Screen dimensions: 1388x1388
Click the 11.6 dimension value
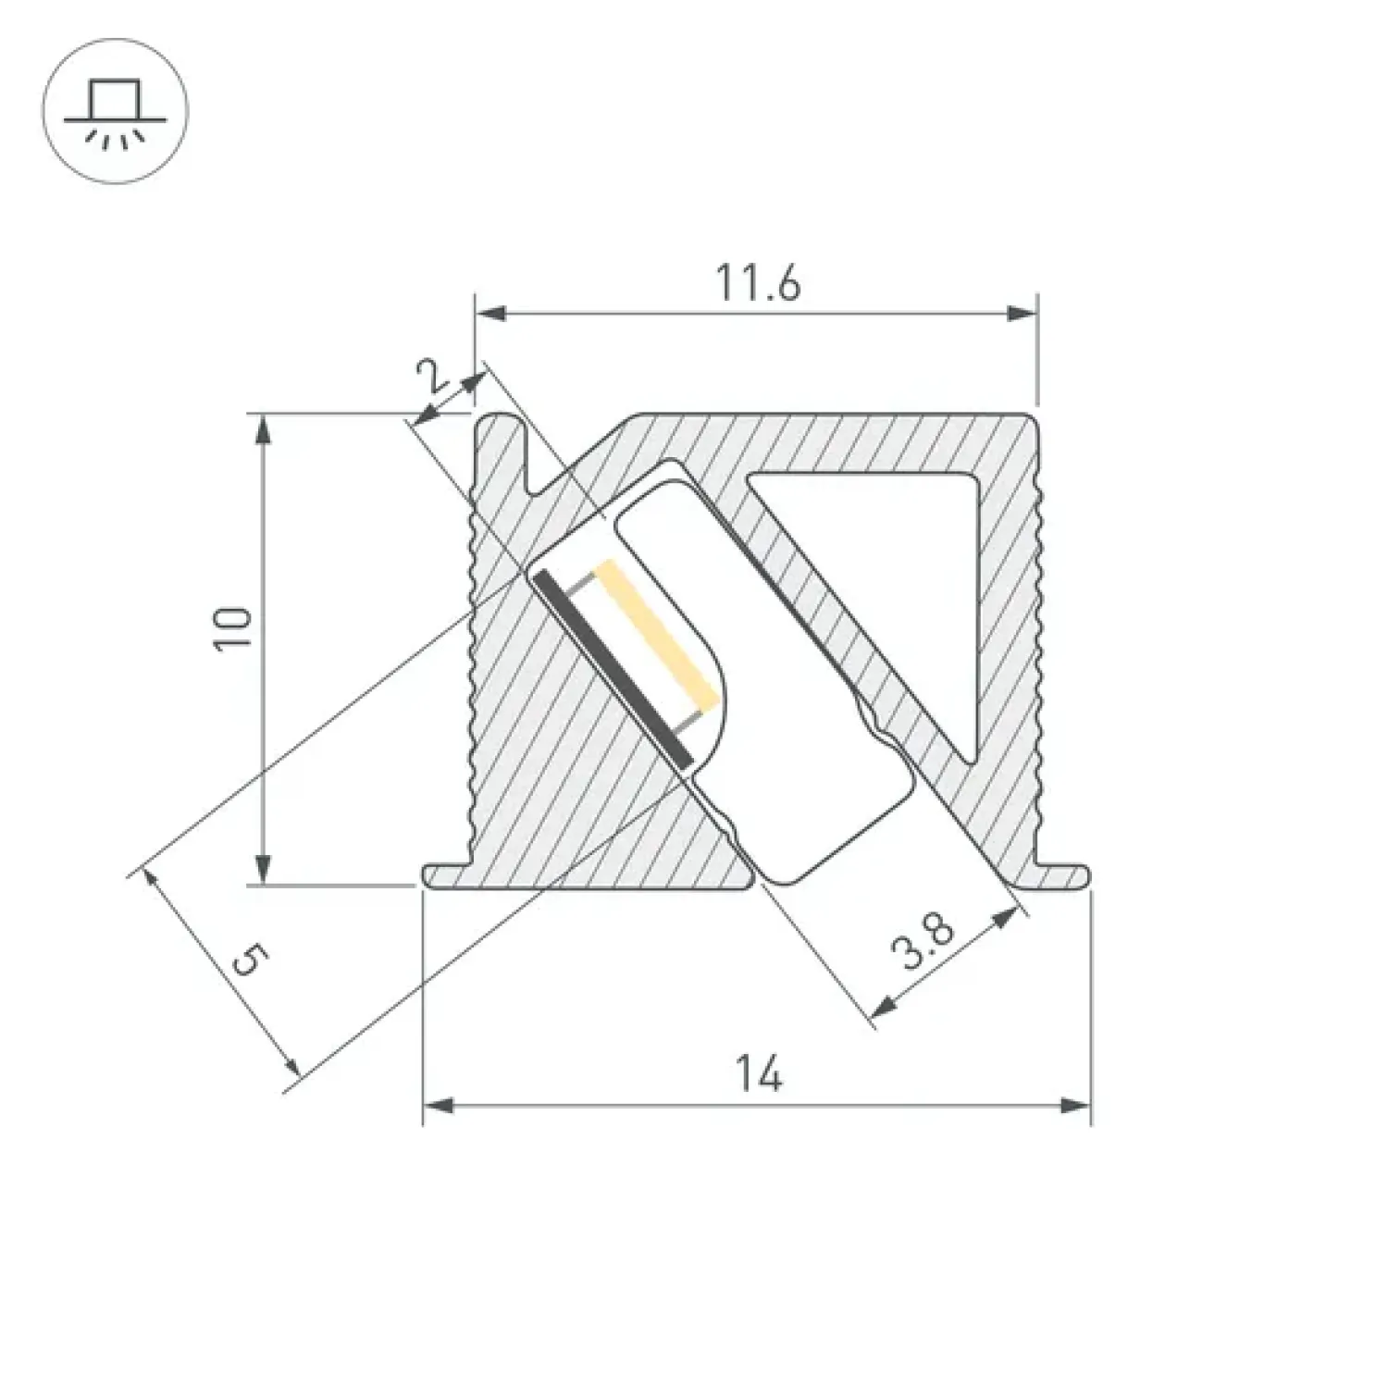pos(756,283)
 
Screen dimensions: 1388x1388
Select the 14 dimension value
pos(759,1075)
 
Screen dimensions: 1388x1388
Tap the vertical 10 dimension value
pos(234,630)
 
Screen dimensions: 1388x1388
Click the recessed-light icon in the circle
pos(116,113)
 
